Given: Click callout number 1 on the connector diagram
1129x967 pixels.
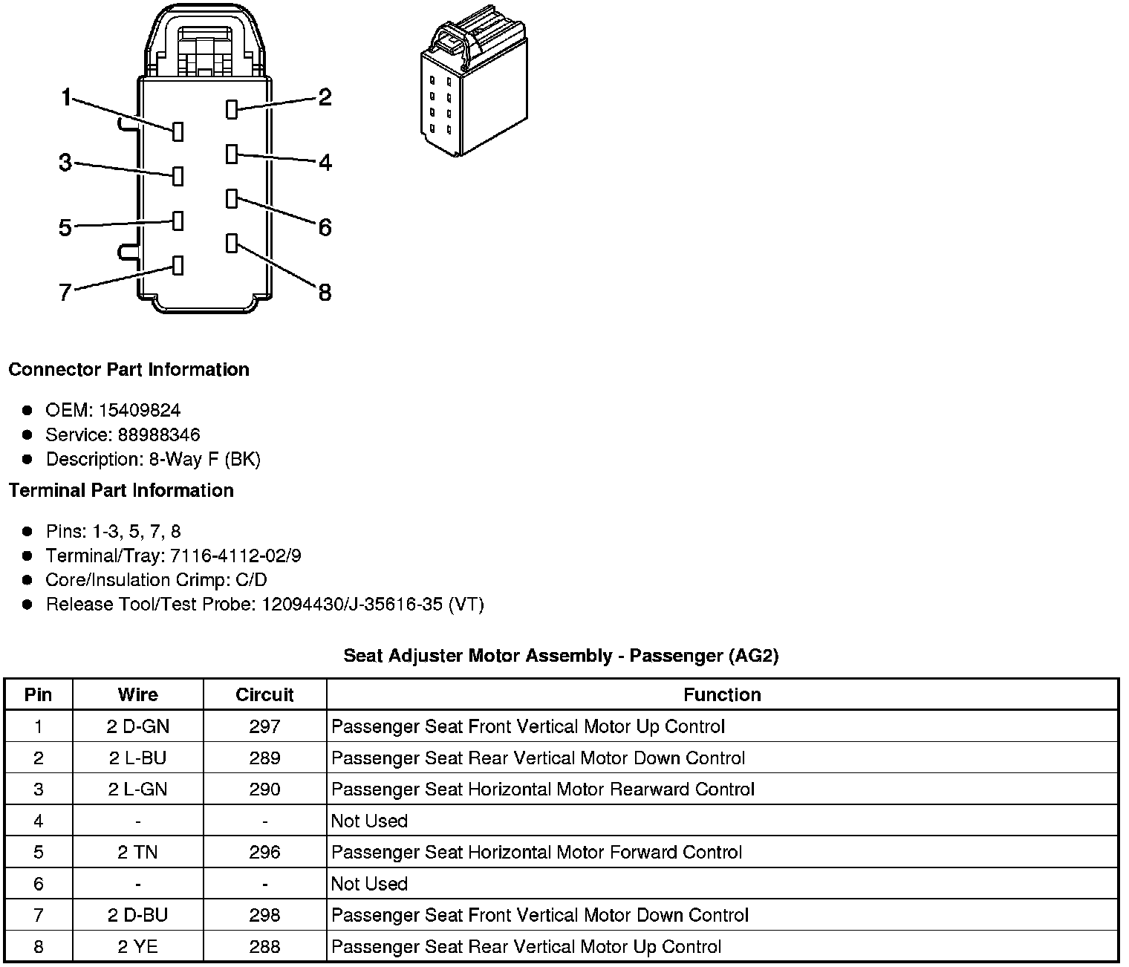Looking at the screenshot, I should (66, 97).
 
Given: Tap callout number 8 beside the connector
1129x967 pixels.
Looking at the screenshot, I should (325, 293).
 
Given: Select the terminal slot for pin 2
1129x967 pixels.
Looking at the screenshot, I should (231, 109).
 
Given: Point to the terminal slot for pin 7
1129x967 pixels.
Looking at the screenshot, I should (178, 265).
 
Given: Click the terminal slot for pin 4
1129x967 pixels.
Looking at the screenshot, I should (231, 154).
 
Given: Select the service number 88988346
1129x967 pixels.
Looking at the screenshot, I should (158, 434).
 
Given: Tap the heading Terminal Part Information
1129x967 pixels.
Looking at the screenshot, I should (121, 490).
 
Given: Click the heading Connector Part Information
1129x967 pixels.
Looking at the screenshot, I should (128, 370).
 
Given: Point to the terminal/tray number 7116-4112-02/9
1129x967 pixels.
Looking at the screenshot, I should (235, 556).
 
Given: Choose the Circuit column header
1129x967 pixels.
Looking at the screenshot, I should (264, 694).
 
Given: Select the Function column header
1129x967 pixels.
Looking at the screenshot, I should (722, 694).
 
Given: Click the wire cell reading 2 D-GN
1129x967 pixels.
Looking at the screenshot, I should (138, 726).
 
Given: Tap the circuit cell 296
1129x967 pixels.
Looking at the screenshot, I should (264, 852).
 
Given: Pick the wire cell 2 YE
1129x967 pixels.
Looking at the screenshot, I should (138, 947).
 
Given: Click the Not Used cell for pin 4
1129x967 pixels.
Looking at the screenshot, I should (369, 821).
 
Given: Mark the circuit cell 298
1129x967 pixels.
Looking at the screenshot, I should (264, 915).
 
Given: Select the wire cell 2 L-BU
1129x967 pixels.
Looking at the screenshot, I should (138, 758).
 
